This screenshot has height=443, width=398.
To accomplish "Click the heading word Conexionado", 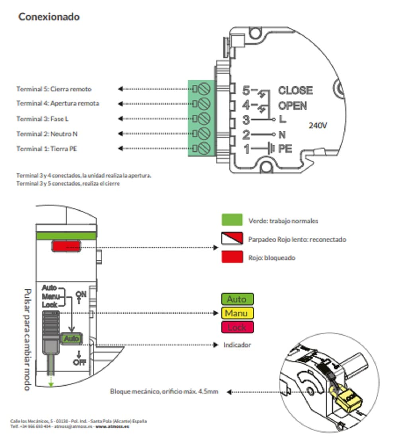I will click(49, 17).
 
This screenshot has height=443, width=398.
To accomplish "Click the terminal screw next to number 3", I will click(204, 118).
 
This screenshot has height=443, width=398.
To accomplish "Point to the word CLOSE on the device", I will click(295, 90).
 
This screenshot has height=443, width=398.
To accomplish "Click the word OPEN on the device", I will click(292, 106).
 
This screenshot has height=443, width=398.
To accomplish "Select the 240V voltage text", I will click(318, 125).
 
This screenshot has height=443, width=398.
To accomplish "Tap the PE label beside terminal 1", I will click(285, 149).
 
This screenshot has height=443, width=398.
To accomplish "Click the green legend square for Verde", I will click(232, 220).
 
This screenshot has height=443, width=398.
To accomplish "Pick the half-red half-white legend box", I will click(232, 238).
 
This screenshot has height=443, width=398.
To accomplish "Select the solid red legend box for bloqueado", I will click(232, 257).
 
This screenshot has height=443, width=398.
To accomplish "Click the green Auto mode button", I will click(237, 299).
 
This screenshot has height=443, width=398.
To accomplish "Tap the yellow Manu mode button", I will click(237, 313).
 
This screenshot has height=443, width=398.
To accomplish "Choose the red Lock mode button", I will click(237, 327).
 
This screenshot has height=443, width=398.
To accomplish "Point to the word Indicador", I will click(237, 345).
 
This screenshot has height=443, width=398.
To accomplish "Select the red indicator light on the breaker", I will click(66, 246).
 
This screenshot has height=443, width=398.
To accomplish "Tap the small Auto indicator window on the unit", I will click(72, 339).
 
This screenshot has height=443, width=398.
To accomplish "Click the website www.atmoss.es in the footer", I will click(113, 426).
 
